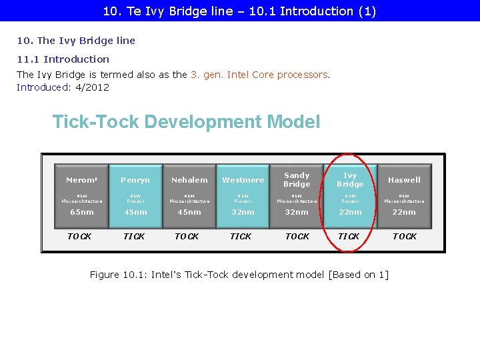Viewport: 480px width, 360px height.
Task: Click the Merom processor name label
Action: tap(81, 180)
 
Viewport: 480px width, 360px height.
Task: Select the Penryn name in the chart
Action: tap(135, 180)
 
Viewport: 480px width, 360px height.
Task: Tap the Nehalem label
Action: tap(189, 180)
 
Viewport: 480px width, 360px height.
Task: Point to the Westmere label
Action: tap(243, 180)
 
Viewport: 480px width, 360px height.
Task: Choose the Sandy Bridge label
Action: tap(297, 179)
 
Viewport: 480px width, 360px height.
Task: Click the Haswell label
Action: tap(404, 180)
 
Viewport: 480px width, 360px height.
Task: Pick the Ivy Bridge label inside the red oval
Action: tap(350, 179)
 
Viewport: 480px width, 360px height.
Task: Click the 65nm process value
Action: tap(82, 212)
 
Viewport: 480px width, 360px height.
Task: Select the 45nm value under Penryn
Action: tap(135, 212)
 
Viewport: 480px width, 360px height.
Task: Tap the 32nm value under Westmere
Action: tap(243, 212)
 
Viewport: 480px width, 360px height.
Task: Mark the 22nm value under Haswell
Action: tap(404, 212)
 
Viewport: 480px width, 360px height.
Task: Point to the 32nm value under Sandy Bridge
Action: tap(297, 212)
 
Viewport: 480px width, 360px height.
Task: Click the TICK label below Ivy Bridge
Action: tap(349, 237)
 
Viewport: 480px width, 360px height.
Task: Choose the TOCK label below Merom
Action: tap(80, 237)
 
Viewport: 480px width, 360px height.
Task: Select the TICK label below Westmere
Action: tap(241, 237)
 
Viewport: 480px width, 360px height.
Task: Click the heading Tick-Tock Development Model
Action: tap(186, 122)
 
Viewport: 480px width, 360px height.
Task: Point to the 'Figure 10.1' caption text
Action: tap(239, 275)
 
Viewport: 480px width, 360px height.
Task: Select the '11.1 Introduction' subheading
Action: tap(63, 59)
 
